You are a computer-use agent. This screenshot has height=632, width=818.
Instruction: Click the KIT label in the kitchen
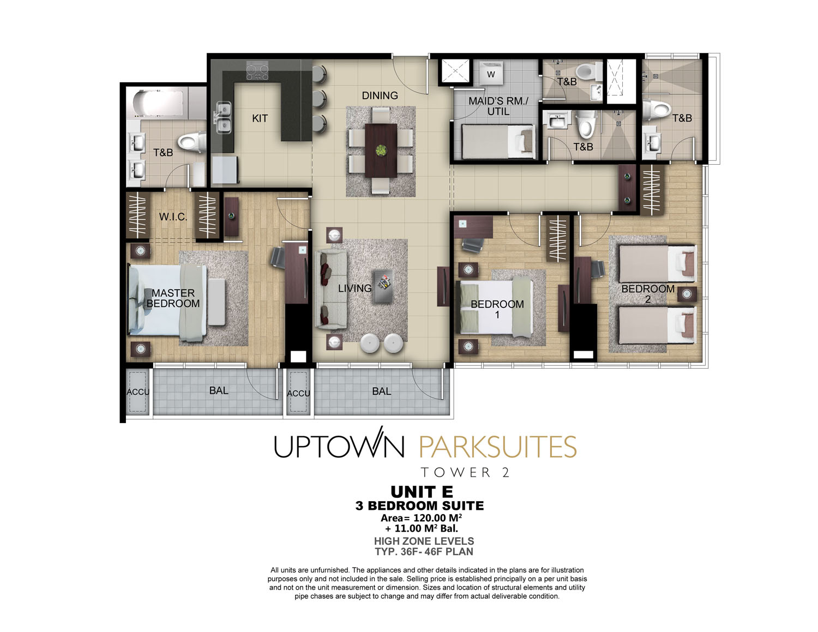pyautogui.click(x=260, y=118)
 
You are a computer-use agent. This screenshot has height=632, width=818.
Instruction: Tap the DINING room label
pyautogui.click(x=380, y=95)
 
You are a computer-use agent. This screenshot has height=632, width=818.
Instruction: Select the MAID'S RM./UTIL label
pyautogui.click(x=498, y=106)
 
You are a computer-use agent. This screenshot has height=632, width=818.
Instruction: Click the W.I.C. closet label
pyautogui.click(x=173, y=217)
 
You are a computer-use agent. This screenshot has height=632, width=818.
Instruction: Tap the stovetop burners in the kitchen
pyautogui.click(x=257, y=71)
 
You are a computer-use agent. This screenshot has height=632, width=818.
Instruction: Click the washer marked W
pyautogui.click(x=491, y=73)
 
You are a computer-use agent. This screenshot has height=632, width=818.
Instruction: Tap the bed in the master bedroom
pyautogui.click(x=167, y=299)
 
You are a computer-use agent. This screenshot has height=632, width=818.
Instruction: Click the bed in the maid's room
pyautogui.click(x=498, y=142)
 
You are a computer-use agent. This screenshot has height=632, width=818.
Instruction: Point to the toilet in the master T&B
pyautogui.click(x=192, y=142)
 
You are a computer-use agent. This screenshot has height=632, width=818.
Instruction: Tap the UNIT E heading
pyautogui.click(x=422, y=492)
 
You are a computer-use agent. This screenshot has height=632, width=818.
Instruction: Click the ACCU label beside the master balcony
pyautogui.click(x=138, y=392)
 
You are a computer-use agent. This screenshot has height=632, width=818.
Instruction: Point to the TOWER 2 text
pyautogui.click(x=465, y=472)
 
